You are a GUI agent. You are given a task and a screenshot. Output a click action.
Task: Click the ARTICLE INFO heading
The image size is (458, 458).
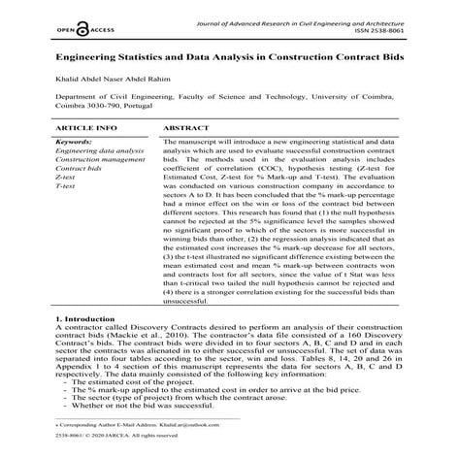coord(87,127)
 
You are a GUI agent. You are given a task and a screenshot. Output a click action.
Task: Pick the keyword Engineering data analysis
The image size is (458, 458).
coord(100,151)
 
